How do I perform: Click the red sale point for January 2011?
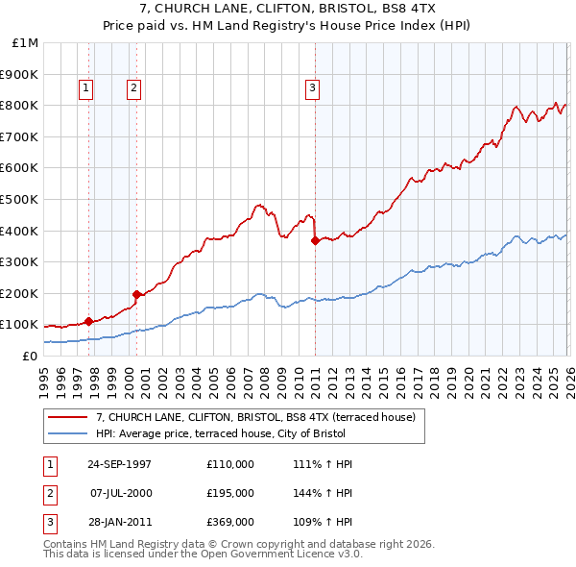[315, 241]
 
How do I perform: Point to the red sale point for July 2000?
[136, 294]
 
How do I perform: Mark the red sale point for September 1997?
[88, 321]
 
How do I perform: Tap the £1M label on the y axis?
[25, 43]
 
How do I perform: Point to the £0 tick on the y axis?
[29, 356]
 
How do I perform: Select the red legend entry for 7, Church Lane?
[255, 417]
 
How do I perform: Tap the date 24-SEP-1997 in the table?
[119, 464]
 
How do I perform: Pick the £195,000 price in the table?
[230, 493]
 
